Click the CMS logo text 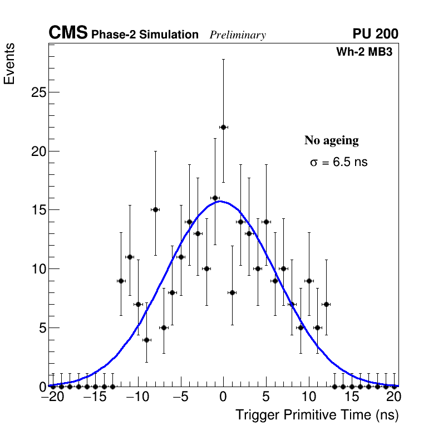pos(68,33)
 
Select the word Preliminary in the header pos(238,35)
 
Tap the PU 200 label pos(375,34)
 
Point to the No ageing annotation pos(331,140)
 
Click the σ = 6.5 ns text pos(338,163)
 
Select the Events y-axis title pos(9,64)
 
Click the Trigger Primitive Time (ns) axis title pos(317,415)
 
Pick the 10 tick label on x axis pos(308,397)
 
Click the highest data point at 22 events pos(223,127)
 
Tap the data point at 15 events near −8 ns pos(155,209)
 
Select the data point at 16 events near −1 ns pos(215,198)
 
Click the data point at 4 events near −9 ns pos(146,339)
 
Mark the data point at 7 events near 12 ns pos(326,304)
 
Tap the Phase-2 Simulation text pos(145,35)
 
